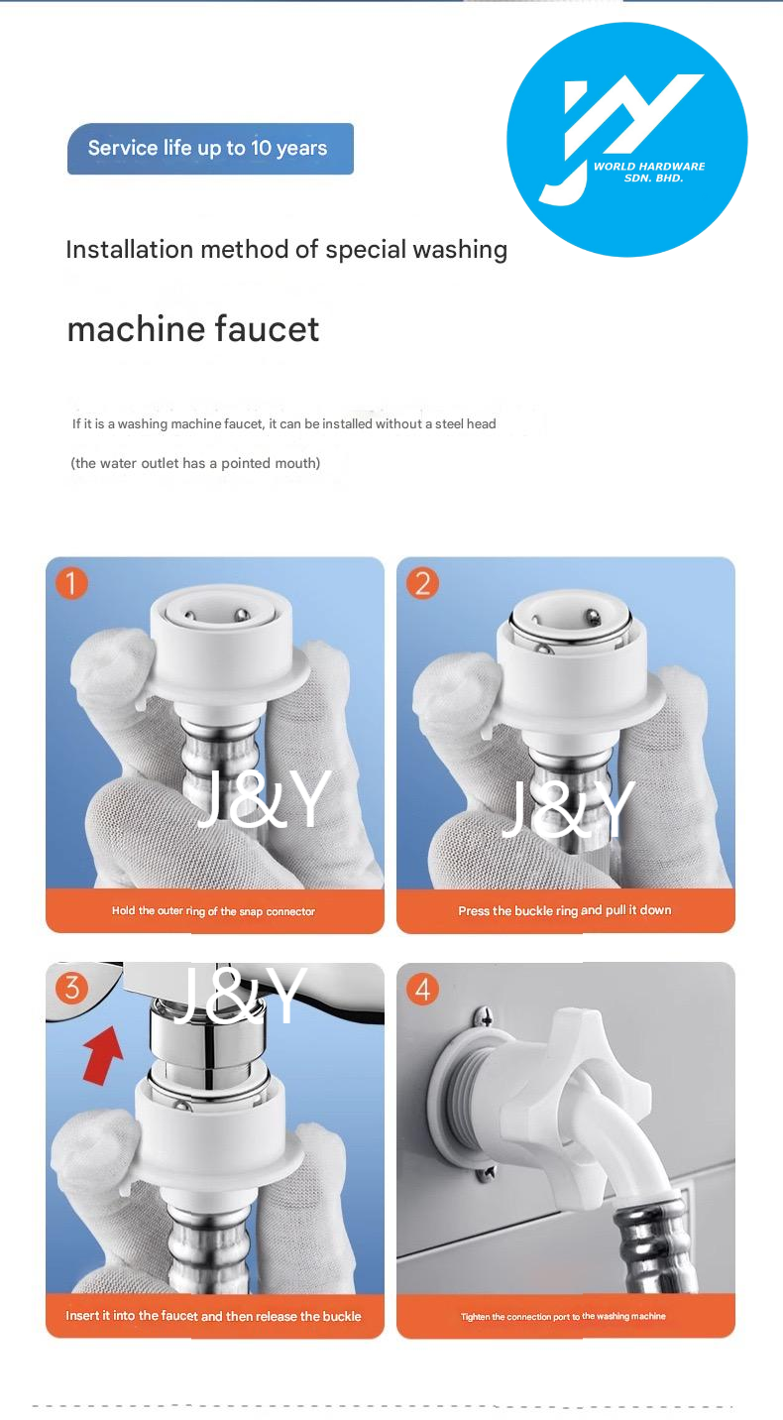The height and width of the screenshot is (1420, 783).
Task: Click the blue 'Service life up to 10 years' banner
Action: coord(210,149)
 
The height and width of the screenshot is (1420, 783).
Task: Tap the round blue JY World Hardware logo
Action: coord(626,140)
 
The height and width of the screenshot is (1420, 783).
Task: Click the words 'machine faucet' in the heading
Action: coord(193,329)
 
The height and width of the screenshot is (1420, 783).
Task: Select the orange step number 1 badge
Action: coord(71,584)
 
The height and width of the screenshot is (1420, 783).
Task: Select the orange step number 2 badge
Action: coord(422,584)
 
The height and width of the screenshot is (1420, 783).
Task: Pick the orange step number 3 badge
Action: coord(71,989)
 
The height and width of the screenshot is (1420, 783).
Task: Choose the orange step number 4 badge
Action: coord(422,990)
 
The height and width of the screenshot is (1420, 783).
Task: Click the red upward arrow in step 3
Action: coord(103,1055)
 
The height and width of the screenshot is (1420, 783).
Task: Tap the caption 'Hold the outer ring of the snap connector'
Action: coord(213,911)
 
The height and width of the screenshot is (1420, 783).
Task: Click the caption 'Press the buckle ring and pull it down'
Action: coord(564,910)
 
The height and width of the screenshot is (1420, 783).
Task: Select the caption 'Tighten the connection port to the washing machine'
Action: coord(563,1316)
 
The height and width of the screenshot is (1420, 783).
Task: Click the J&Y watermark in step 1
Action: coord(265,799)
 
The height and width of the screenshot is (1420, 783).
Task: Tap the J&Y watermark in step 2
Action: coord(569,809)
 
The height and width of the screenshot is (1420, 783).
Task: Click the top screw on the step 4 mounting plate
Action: coord(486,1018)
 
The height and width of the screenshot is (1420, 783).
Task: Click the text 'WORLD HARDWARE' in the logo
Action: coord(649,166)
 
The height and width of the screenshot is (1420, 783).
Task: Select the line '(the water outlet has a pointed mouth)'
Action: coord(195,463)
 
